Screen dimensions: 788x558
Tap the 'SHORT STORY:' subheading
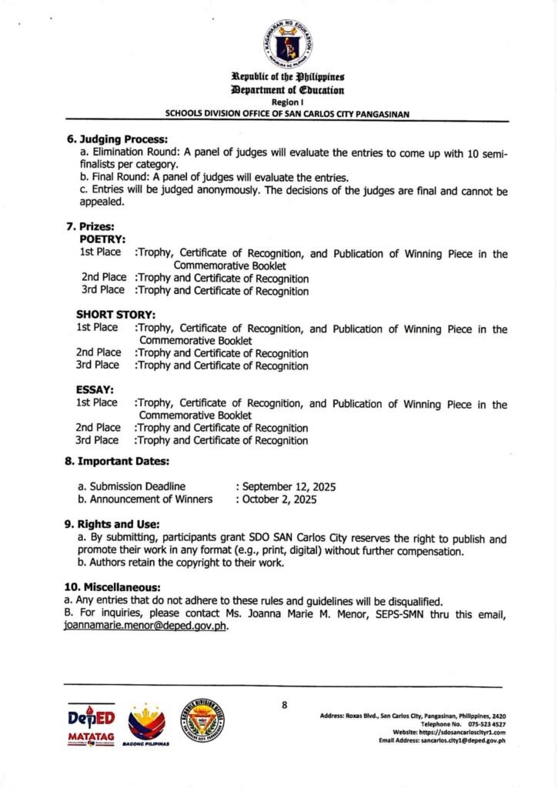click(115, 315)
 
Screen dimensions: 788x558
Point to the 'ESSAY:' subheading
click(95, 389)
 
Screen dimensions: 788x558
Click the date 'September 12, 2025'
click(289, 486)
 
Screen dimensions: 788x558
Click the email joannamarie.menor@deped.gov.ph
click(145, 626)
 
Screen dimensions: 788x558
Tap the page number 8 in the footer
click(284, 704)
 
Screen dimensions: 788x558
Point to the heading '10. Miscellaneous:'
click(112, 588)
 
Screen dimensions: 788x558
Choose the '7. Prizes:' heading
click(90, 227)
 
